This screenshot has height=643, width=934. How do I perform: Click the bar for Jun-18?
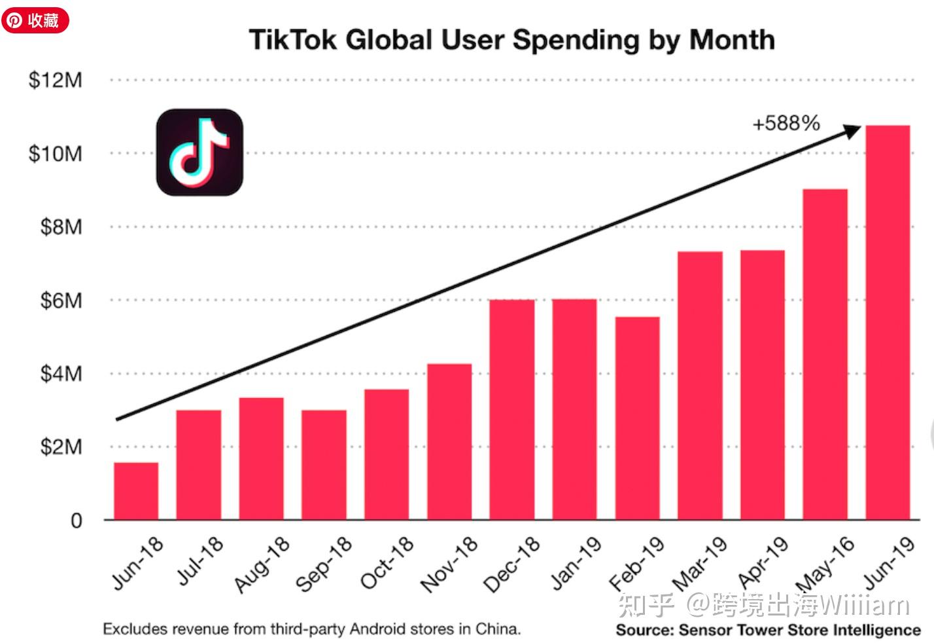[x=136, y=491]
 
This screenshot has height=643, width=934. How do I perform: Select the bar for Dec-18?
[x=512, y=409]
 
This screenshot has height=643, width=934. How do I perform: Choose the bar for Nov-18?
[x=449, y=441]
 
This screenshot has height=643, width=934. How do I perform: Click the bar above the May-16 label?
[x=825, y=354]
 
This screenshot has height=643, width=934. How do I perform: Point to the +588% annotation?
[x=786, y=123]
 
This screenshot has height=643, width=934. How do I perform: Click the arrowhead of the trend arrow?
[x=853, y=130]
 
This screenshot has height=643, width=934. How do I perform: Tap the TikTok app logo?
[x=199, y=152]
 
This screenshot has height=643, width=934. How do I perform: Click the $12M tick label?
[x=56, y=80]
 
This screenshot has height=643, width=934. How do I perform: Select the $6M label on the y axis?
[x=61, y=301]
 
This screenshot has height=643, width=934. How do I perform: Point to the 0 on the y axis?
[x=77, y=521]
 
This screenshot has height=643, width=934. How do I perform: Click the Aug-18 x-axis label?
[x=262, y=564]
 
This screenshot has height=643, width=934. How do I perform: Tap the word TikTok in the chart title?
[x=293, y=40]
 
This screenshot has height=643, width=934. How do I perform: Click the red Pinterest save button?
[x=35, y=20]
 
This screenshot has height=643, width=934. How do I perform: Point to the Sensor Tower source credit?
[x=768, y=630]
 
